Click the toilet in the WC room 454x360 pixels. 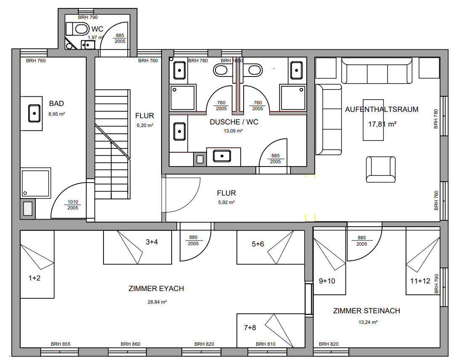[x=77, y=29]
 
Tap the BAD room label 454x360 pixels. [x=56, y=103]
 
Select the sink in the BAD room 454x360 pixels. [x=34, y=114]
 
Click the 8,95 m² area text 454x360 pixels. [x=57, y=114]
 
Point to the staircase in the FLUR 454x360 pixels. [x=112, y=144]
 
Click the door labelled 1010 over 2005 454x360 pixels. [x=69, y=200]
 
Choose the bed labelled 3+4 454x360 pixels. [x=138, y=247]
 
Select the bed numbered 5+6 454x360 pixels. [x=271, y=247]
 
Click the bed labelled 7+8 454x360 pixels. [x=271, y=331]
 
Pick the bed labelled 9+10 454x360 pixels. [x=329, y=262]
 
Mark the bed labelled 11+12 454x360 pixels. [x=423, y=262]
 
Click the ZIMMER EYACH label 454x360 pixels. [x=157, y=289]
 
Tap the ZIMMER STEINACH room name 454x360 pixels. [x=366, y=311]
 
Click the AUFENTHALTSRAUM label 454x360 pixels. [x=382, y=109]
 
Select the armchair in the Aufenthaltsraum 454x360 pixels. [x=381, y=169]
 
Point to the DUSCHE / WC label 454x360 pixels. [x=234, y=122]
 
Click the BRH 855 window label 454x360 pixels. [x=61, y=344]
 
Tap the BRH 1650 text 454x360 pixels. [x=232, y=61]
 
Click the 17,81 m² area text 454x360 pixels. [x=382, y=124]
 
